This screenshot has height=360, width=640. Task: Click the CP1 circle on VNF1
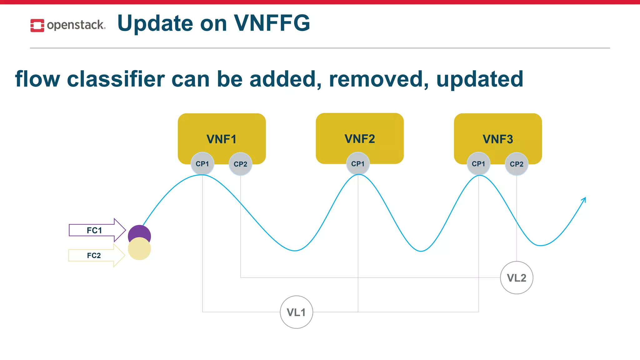click(202, 164)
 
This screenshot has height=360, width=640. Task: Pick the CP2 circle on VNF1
click(240, 164)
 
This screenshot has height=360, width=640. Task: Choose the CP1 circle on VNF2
click(358, 164)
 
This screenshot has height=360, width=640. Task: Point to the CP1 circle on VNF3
click(478, 164)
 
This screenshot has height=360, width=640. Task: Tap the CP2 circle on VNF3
click(517, 164)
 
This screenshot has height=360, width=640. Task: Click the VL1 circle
click(296, 312)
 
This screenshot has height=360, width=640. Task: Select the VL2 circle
click(517, 277)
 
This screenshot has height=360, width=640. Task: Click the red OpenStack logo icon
click(37, 25)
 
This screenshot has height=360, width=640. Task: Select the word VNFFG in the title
click(272, 23)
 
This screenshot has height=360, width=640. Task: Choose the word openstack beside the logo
click(76, 25)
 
